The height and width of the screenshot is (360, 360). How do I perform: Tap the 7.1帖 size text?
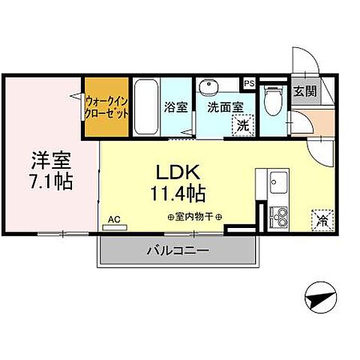point(50,181)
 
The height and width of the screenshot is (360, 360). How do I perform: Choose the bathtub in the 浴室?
point(146,107)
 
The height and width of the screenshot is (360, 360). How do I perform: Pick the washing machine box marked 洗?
point(242,125)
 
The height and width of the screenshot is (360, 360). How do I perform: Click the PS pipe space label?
point(249,82)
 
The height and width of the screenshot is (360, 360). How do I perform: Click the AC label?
point(114,219)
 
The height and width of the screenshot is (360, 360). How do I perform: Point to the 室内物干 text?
point(191,217)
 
